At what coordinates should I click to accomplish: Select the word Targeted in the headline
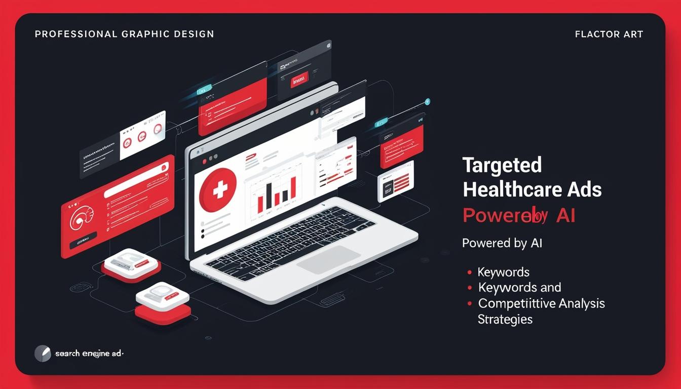pos(502,165)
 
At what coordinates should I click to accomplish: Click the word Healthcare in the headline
pos(511,190)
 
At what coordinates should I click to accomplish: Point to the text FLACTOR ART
pos(609,34)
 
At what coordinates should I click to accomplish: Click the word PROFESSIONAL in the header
pos(75,34)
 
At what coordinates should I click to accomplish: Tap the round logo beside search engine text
pos(43,353)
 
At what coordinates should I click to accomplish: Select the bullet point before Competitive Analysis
pos(470,303)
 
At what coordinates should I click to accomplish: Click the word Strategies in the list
pos(505,320)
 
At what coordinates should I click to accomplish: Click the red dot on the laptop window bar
pos(205,161)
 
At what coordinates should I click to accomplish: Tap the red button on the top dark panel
pos(299,80)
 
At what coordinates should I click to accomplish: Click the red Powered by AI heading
pos(518,215)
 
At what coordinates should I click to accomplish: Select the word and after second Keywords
pos(550,287)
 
